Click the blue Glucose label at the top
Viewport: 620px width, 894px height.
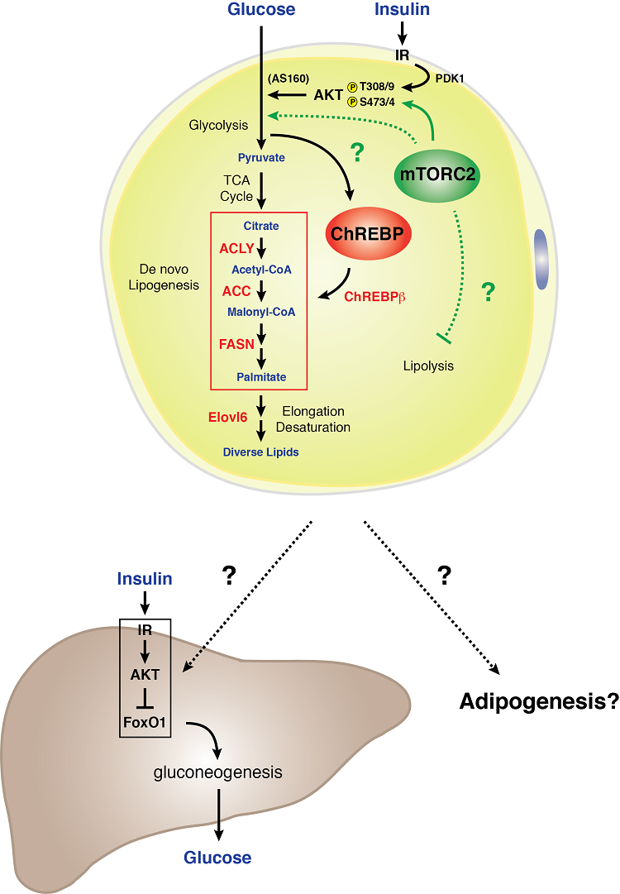[x=261, y=10]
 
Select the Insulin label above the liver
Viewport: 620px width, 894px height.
[x=145, y=579]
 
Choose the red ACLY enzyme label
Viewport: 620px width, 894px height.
[x=236, y=248]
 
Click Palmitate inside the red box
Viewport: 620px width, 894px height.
[x=260, y=377]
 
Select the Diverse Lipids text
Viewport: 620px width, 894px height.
[x=260, y=452]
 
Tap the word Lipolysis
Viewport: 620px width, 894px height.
[x=428, y=365]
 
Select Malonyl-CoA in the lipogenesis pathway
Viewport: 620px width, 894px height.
[x=260, y=312]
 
